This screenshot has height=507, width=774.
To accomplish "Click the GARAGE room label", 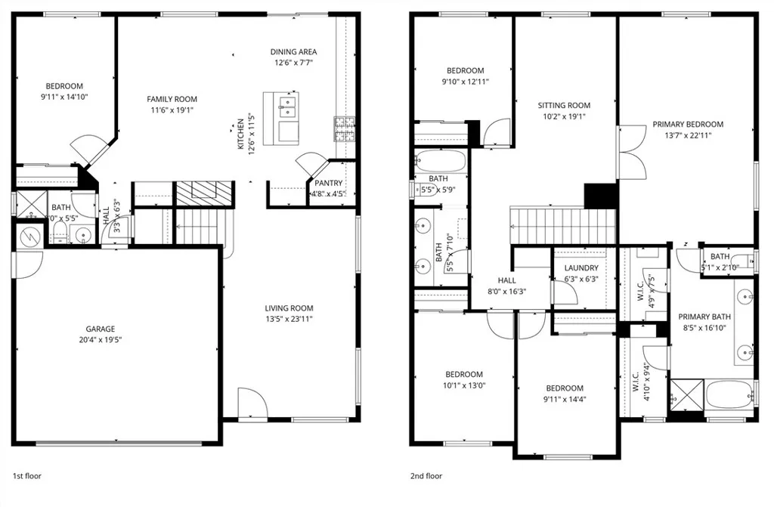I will click(x=100, y=329).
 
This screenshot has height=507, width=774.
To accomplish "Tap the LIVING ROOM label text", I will click(x=289, y=308).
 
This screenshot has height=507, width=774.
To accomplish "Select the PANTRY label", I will click(x=328, y=183).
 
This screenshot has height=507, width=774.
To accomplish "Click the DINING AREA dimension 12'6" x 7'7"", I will click(x=293, y=63).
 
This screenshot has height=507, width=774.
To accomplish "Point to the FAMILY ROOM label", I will click(x=172, y=99).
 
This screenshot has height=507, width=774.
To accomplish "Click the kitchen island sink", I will click(x=287, y=105).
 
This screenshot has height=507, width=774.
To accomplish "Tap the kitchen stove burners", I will click(x=344, y=129).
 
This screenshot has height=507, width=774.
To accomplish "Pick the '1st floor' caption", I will click(x=28, y=476).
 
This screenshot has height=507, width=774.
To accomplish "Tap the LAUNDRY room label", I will click(x=581, y=268).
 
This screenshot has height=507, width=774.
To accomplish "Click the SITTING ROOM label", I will click(x=564, y=106).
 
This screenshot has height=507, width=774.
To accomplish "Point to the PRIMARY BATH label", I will click(x=704, y=317).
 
